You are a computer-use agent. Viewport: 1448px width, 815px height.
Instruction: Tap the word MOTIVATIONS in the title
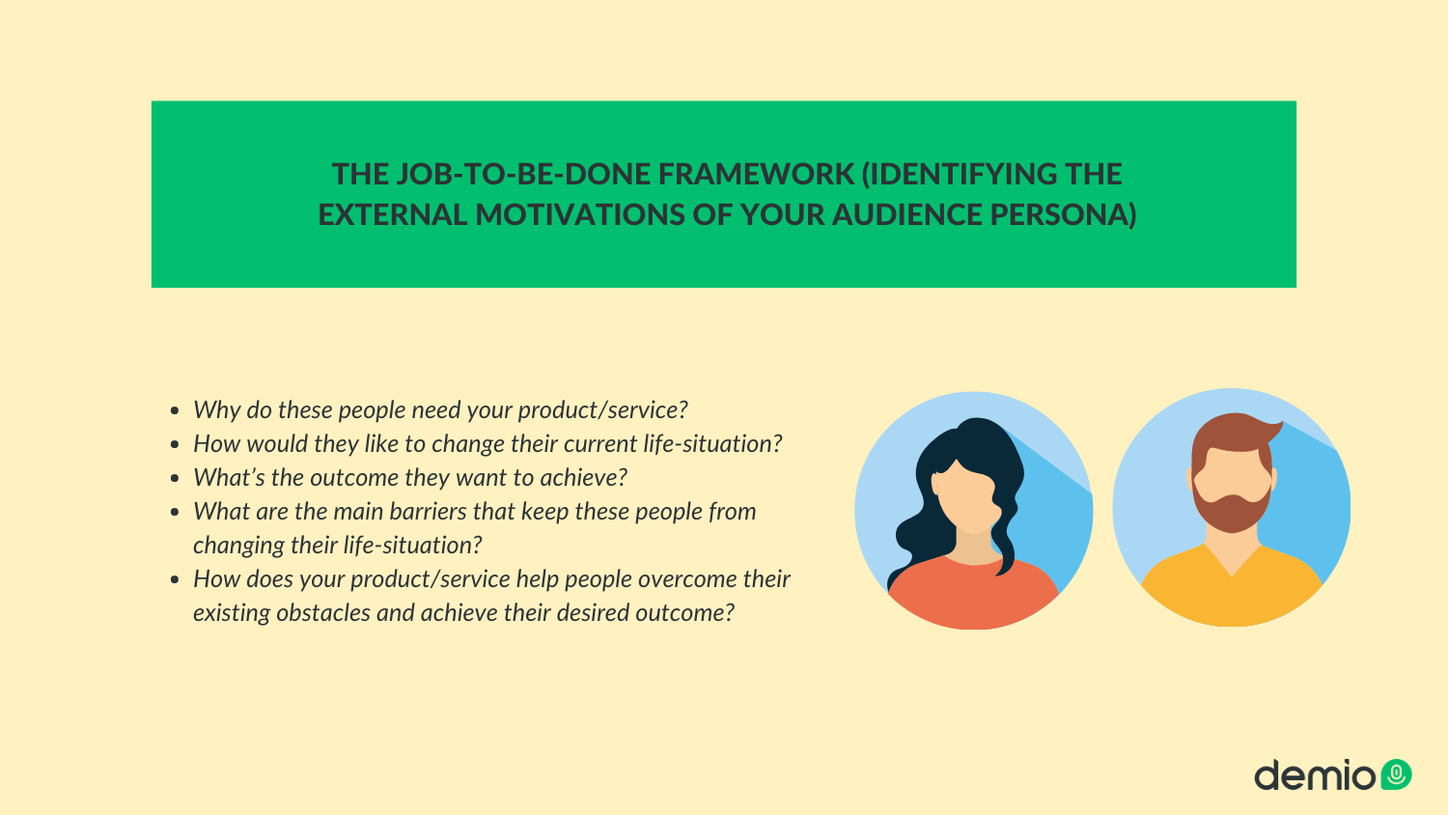tap(580, 214)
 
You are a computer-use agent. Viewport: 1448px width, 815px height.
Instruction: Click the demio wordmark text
tap(1315, 774)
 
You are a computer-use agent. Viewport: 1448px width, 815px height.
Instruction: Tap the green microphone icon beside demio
tap(1396, 774)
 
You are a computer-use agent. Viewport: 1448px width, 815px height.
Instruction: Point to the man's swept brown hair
tap(1234, 434)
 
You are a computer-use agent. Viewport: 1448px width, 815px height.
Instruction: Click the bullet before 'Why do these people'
tap(175, 410)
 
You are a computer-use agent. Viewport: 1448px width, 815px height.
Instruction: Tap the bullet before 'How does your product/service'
tap(175, 579)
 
